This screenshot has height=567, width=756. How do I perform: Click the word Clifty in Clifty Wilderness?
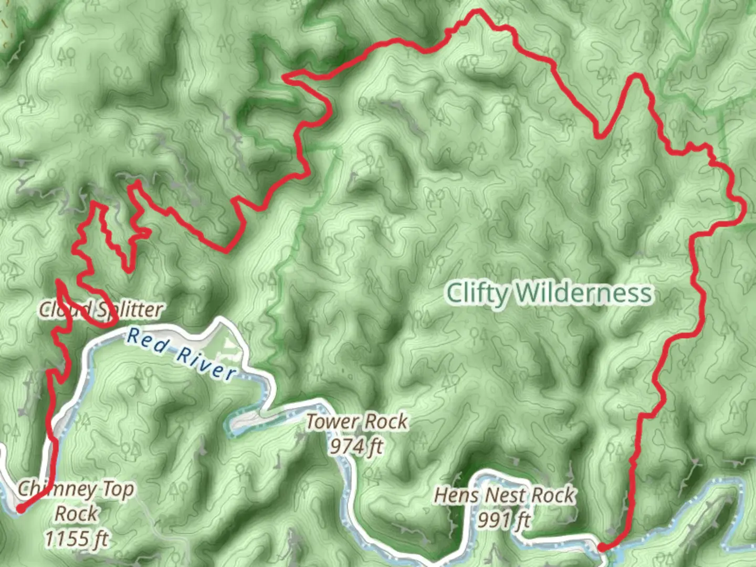477,293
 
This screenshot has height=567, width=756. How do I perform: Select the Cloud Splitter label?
101,309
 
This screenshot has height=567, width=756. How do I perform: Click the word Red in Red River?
148,340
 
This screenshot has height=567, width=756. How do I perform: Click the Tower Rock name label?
357,421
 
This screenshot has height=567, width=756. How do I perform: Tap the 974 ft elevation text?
356,446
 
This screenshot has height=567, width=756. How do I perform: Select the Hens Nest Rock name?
505,495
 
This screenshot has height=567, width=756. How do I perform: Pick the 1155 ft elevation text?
77,539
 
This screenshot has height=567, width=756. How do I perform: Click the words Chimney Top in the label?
77,489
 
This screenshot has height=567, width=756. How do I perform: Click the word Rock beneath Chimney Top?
77,513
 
